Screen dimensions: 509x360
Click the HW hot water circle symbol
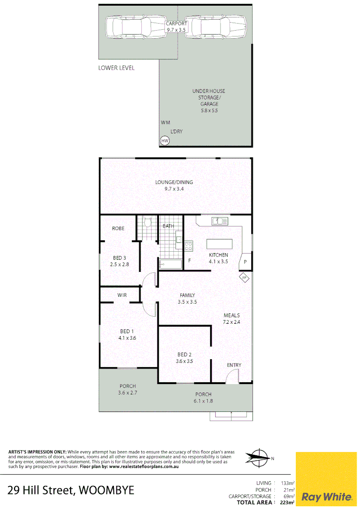[x=164, y=140]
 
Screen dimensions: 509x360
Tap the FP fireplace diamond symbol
[x=245, y=278]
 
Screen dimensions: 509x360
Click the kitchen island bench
[x=220, y=244]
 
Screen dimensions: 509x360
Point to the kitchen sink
[x=220, y=220]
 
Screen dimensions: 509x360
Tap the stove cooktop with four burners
[x=188, y=245]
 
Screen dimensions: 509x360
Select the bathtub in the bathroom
[x=170, y=264]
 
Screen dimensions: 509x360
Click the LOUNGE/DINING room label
[x=174, y=182]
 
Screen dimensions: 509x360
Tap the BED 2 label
[x=184, y=355]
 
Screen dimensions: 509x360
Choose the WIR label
[x=122, y=296]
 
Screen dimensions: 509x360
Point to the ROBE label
[x=118, y=229]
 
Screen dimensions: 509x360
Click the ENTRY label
[x=234, y=365]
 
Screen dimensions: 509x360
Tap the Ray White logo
[x=326, y=496]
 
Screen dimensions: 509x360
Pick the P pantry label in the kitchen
[x=245, y=262]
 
